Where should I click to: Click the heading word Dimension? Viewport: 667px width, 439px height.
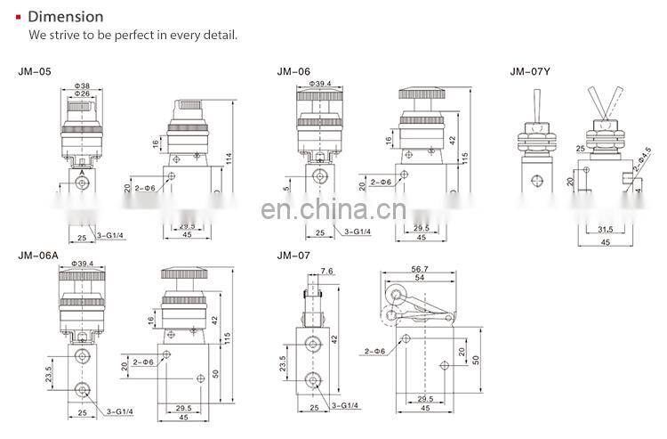pyautogui.click(x=66, y=16)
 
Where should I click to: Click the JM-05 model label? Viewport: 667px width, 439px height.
pyautogui.click(x=33, y=71)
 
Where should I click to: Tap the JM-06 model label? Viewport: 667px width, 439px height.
pyautogui.click(x=293, y=71)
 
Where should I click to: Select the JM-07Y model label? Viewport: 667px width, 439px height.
pyautogui.click(x=529, y=71)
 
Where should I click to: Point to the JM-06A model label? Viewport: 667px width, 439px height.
pyautogui.click(x=37, y=256)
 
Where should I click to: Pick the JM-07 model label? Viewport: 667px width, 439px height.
pyautogui.click(x=293, y=256)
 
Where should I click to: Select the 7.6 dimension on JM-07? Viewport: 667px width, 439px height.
pyautogui.click(x=325, y=271)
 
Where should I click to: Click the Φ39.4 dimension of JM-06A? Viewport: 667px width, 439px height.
pyautogui.click(x=82, y=264)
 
